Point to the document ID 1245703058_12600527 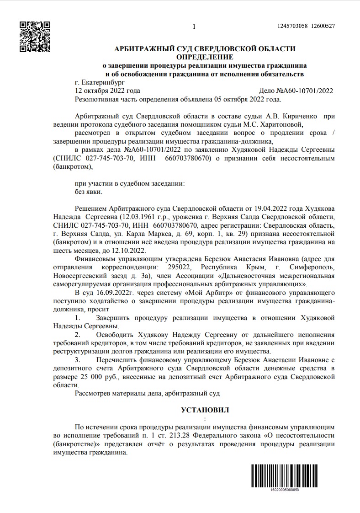[x=306, y=26]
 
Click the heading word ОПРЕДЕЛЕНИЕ [x=204, y=57]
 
